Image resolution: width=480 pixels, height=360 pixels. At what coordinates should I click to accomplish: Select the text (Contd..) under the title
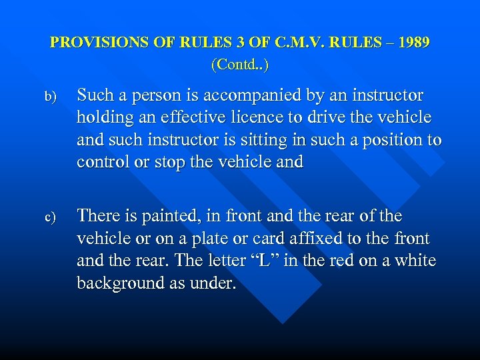coord(239,65)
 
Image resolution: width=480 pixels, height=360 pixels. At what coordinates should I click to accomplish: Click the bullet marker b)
coord(51,97)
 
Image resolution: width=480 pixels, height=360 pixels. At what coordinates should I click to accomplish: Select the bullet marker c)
coord(51,217)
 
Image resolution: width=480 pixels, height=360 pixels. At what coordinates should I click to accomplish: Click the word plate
coord(221,239)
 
